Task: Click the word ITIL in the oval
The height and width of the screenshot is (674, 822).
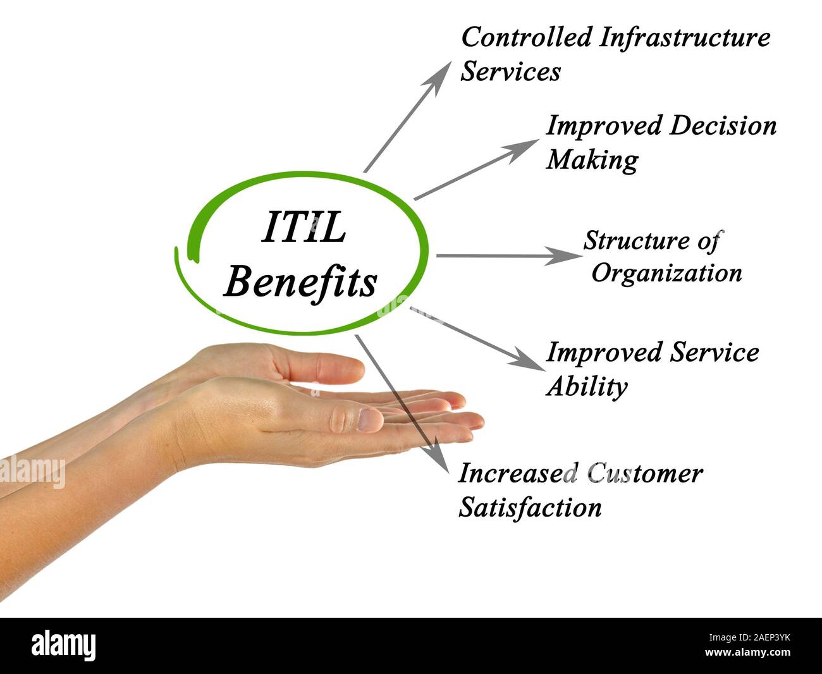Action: (x=304, y=228)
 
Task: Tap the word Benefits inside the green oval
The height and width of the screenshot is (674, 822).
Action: (x=301, y=281)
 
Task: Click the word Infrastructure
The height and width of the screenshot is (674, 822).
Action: (x=684, y=37)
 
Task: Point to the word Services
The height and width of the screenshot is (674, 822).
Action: (x=510, y=71)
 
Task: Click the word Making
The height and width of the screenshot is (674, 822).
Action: (x=592, y=159)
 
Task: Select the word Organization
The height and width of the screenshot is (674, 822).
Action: (x=666, y=273)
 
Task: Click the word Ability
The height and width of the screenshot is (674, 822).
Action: (x=586, y=386)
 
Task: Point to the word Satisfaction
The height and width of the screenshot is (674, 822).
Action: (x=530, y=507)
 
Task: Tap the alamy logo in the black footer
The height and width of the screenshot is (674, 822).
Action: (x=64, y=646)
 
